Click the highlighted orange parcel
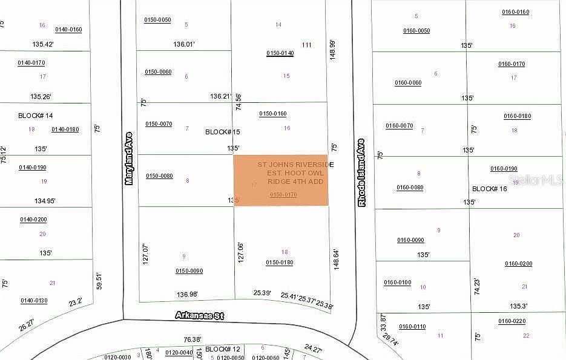281,180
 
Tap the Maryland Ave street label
128,159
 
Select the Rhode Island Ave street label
361,172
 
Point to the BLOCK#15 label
223,131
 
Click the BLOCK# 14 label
36,115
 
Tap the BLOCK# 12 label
223,349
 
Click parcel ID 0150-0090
189,270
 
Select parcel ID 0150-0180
279,262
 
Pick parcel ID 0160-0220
512,321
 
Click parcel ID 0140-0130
34,300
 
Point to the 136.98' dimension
188,295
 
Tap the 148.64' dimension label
337,258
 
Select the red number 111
306,45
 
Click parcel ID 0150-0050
157,20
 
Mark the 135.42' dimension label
42,44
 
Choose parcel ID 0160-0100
397,282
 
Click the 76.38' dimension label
192,339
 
